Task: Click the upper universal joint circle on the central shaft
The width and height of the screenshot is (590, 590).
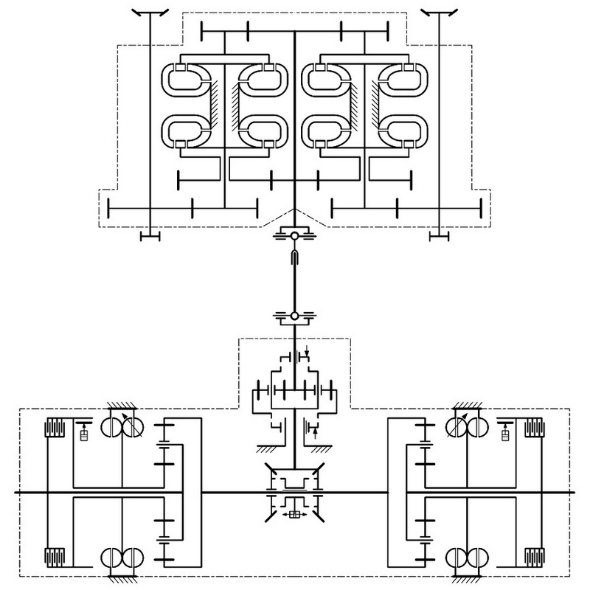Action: coord(294,237)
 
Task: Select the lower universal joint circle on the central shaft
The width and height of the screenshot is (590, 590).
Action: coord(294,316)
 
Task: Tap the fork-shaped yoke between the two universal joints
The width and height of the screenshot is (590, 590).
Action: coord(294,257)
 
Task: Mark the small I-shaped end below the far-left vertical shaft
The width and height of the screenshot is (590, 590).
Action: coord(150,236)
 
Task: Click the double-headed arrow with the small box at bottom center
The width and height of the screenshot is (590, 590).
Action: coord(294,514)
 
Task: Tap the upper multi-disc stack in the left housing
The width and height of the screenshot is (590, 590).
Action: coord(55,428)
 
